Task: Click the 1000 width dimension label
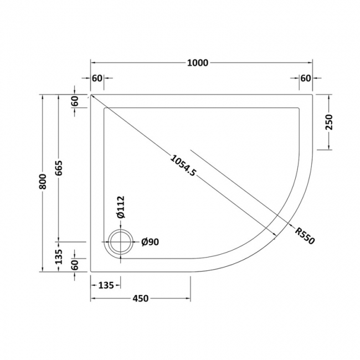coord(197,63)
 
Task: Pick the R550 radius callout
coord(304,236)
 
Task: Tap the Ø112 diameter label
coord(122,208)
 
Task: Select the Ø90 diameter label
coord(150,241)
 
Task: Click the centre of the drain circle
coord(120,242)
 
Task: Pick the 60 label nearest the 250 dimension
coord(305,78)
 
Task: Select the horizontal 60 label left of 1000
coord(97,78)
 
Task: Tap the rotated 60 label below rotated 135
coord(76,266)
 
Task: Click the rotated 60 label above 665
coord(76,101)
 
